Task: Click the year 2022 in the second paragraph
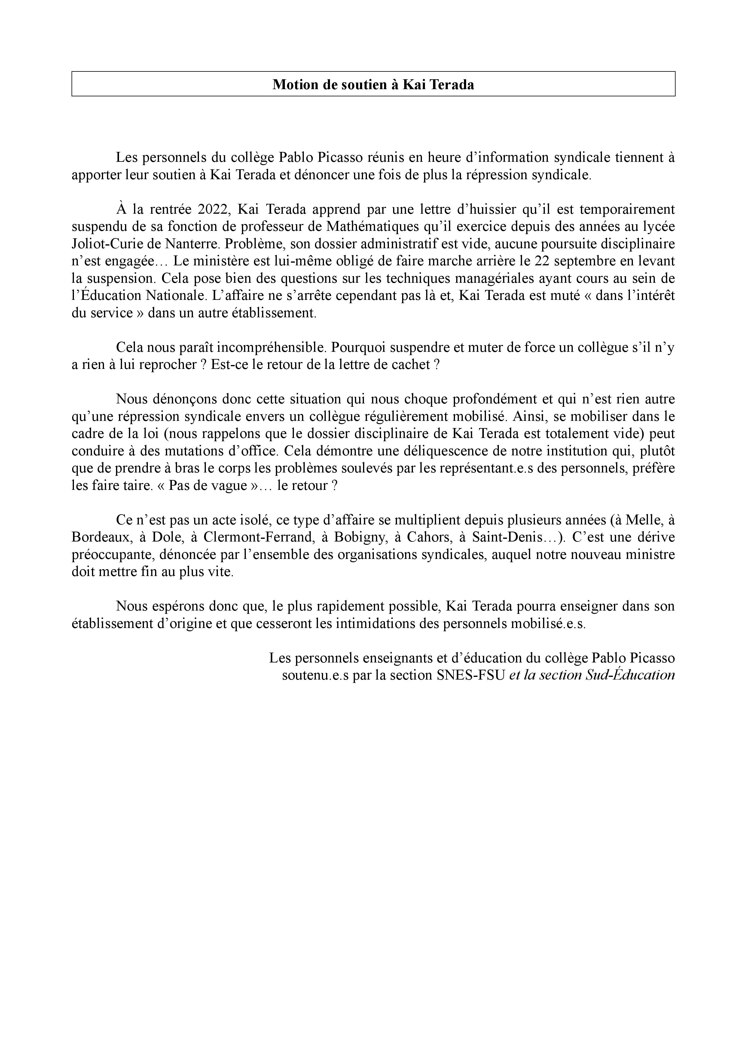tap(214, 210)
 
